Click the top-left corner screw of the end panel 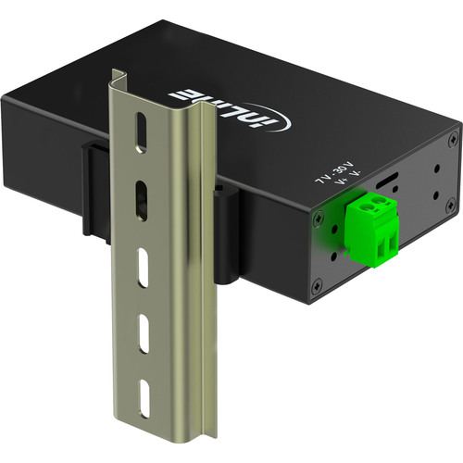click(318, 216)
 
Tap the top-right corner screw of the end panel click(452, 140)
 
